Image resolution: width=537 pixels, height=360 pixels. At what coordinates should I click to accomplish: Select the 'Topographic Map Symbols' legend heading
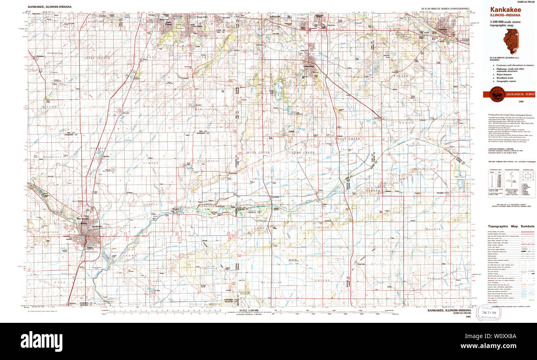tap(511, 226)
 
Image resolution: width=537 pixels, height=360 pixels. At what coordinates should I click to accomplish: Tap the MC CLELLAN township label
tap(271, 282)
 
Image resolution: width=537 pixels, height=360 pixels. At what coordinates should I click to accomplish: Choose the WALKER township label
tap(434, 229)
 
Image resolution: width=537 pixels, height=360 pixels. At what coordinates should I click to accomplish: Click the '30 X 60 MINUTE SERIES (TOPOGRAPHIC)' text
tap(445, 9)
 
